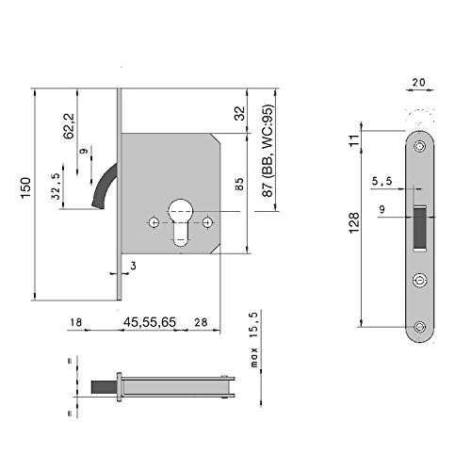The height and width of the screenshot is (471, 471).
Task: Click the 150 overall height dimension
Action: (26, 187)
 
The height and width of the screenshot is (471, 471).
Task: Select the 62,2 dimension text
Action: (69, 126)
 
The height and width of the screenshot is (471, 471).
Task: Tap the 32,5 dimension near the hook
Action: (56, 186)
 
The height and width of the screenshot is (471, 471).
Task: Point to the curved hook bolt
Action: (103, 187)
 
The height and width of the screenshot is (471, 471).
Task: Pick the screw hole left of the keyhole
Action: (154, 222)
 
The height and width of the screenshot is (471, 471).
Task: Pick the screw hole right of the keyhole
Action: (207, 222)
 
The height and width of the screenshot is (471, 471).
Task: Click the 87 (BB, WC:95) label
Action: (268, 151)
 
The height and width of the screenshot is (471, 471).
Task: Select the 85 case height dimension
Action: (239, 185)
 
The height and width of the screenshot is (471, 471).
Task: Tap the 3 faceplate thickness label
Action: (134, 266)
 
